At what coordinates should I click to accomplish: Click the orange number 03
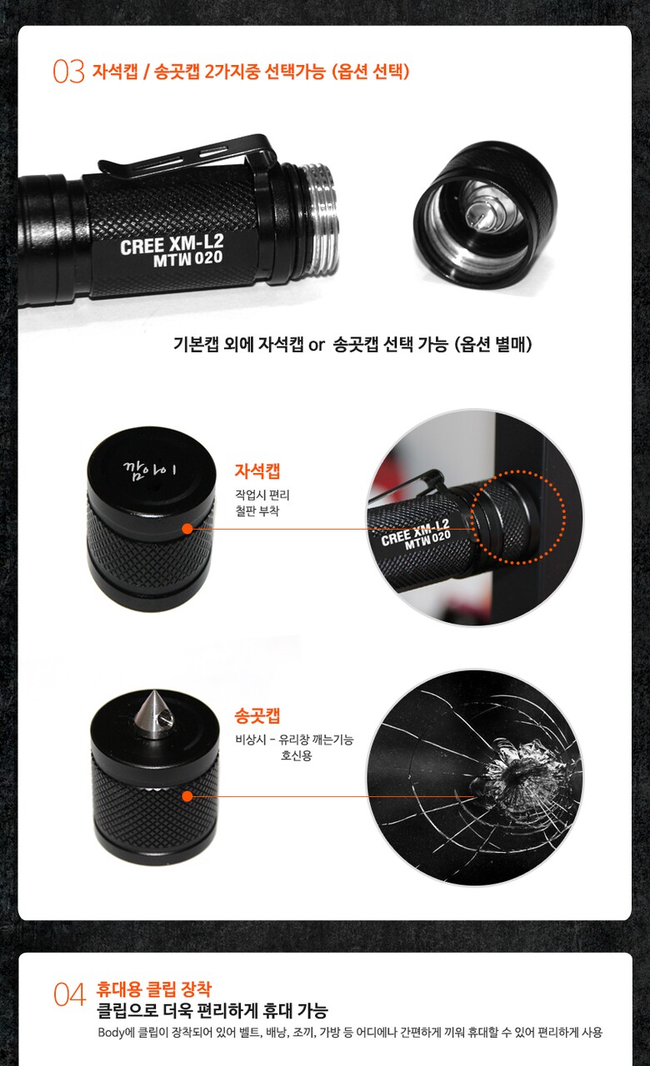[68, 72]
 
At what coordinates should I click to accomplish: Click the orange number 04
[69, 994]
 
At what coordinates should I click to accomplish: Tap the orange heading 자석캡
[257, 471]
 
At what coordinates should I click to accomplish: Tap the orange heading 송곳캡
[257, 715]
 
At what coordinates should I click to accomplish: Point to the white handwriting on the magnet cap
[149, 469]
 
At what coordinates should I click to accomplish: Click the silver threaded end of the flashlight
[322, 219]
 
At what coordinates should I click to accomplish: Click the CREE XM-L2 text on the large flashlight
[172, 244]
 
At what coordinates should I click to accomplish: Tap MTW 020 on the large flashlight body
[188, 259]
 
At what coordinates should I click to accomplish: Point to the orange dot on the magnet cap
[187, 529]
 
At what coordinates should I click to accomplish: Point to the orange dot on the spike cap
[187, 796]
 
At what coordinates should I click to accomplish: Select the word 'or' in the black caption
[316, 345]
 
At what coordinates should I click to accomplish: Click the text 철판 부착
[257, 511]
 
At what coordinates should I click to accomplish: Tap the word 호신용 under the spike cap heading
[296, 755]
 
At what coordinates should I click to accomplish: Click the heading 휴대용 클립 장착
[153, 989]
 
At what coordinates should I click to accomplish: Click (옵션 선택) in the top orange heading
[371, 72]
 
